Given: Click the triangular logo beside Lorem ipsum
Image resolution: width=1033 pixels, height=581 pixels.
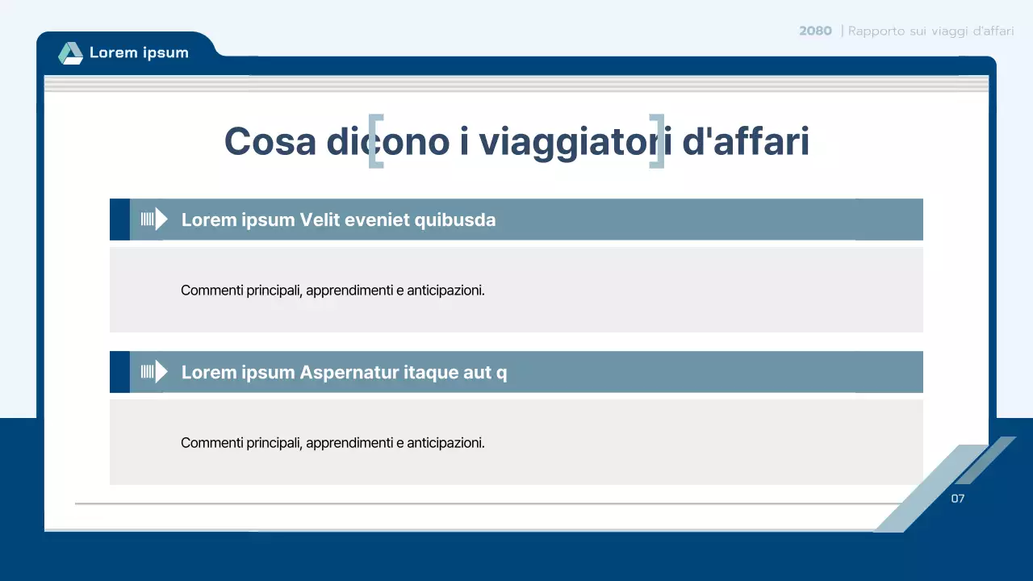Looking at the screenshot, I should tap(70, 53).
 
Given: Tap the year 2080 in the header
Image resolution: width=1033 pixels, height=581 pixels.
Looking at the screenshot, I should tap(815, 31).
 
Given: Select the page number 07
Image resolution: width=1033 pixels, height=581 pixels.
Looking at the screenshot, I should tap(958, 499).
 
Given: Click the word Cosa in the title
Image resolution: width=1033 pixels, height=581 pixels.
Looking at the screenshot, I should tap(270, 142).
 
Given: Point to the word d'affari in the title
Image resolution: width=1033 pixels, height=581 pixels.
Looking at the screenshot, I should tap(746, 142).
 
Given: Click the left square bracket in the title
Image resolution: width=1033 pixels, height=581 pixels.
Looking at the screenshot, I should tap(375, 142).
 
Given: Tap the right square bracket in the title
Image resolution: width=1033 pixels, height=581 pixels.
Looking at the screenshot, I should tap(657, 142).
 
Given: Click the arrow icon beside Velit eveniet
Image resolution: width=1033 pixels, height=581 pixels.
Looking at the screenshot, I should tap(154, 219).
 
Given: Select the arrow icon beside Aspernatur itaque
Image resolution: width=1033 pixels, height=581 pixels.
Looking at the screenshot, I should tap(154, 372).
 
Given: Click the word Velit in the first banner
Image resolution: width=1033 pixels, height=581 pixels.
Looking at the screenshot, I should tap(320, 219).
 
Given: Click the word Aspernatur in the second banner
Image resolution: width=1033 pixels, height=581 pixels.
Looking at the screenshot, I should tap(348, 372).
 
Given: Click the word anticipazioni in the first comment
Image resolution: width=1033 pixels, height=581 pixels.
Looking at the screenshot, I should tap(445, 290).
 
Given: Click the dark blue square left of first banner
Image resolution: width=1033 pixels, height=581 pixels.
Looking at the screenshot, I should tap(119, 219).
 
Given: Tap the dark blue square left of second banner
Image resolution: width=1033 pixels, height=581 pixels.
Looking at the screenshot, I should tap(119, 372).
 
